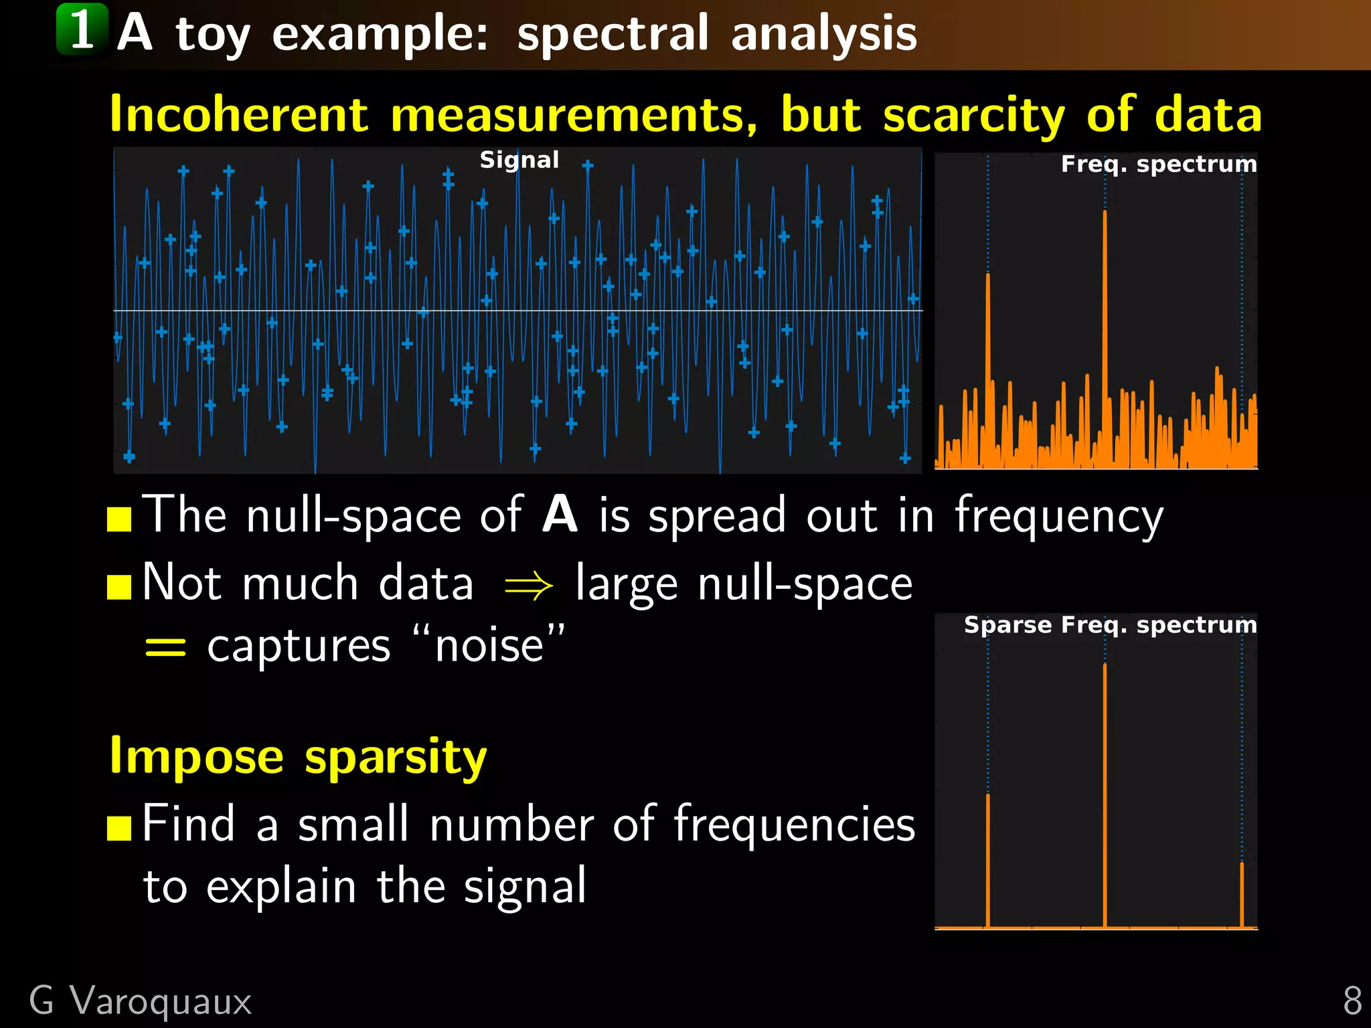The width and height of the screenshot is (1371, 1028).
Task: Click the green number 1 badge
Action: [x=82, y=29]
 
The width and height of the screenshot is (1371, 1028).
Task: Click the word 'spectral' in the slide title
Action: [x=612, y=33]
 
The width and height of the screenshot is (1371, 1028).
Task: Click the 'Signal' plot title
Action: [x=519, y=160]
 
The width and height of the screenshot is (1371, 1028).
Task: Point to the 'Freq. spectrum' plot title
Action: [x=1158, y=164]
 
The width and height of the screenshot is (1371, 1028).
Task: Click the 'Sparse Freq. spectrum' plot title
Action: [x=1110, y=625]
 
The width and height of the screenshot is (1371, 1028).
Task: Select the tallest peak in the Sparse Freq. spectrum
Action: [x=1105, y=669]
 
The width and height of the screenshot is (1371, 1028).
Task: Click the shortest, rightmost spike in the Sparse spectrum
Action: [x=1242, y=870]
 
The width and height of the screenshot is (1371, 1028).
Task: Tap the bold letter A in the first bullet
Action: [x=560, y=515]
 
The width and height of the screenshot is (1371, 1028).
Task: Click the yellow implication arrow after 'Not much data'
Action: [x=528, y=586]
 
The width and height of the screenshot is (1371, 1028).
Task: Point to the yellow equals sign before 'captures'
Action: [x=165, y=647]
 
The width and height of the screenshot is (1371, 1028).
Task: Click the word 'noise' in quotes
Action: [x=489, y=647]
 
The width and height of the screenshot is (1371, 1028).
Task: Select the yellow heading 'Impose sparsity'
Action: [x=298, y=757]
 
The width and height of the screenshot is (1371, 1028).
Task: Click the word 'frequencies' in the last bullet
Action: [x=794, y=825]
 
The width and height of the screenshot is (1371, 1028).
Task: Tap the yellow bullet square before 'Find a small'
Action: [x=119, y=829]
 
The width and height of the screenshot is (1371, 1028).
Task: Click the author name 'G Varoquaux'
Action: [x=140, y=1001]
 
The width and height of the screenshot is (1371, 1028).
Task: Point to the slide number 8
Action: [x=1352, y=1001]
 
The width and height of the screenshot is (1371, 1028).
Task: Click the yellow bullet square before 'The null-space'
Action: [x=119, y=519]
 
